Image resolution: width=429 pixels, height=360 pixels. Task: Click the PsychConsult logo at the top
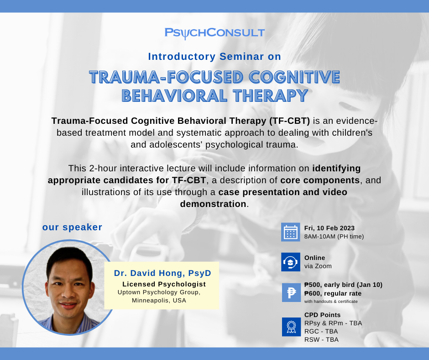pos(214,33)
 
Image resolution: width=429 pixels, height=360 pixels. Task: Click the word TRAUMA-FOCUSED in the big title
pos(166,77)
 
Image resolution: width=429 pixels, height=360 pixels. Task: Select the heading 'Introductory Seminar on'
pos(214,57)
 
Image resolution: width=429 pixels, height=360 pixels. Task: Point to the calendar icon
pos(291,232)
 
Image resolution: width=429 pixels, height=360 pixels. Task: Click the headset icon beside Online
pos(291,262)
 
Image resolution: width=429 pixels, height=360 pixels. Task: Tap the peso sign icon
pos(291,292)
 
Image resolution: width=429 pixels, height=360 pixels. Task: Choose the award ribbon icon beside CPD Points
pos(291,327)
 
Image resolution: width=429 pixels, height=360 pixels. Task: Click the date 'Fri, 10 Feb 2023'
pos(330,228)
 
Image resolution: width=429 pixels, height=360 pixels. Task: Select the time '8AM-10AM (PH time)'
pos(334,237)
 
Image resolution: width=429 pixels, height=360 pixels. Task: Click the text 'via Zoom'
pos(318,266)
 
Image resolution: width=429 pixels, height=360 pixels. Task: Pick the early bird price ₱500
pos(312,285)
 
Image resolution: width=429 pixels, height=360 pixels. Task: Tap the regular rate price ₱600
pos(312,293)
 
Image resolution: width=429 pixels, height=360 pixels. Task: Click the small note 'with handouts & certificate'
pos(331,302)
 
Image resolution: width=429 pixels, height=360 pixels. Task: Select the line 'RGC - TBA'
pos(321,331)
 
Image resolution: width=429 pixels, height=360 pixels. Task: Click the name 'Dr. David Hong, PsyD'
pos(162,273)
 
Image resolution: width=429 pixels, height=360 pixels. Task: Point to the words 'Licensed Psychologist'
pos(164,284)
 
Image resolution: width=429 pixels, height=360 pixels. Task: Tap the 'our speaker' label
pos(72,227)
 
